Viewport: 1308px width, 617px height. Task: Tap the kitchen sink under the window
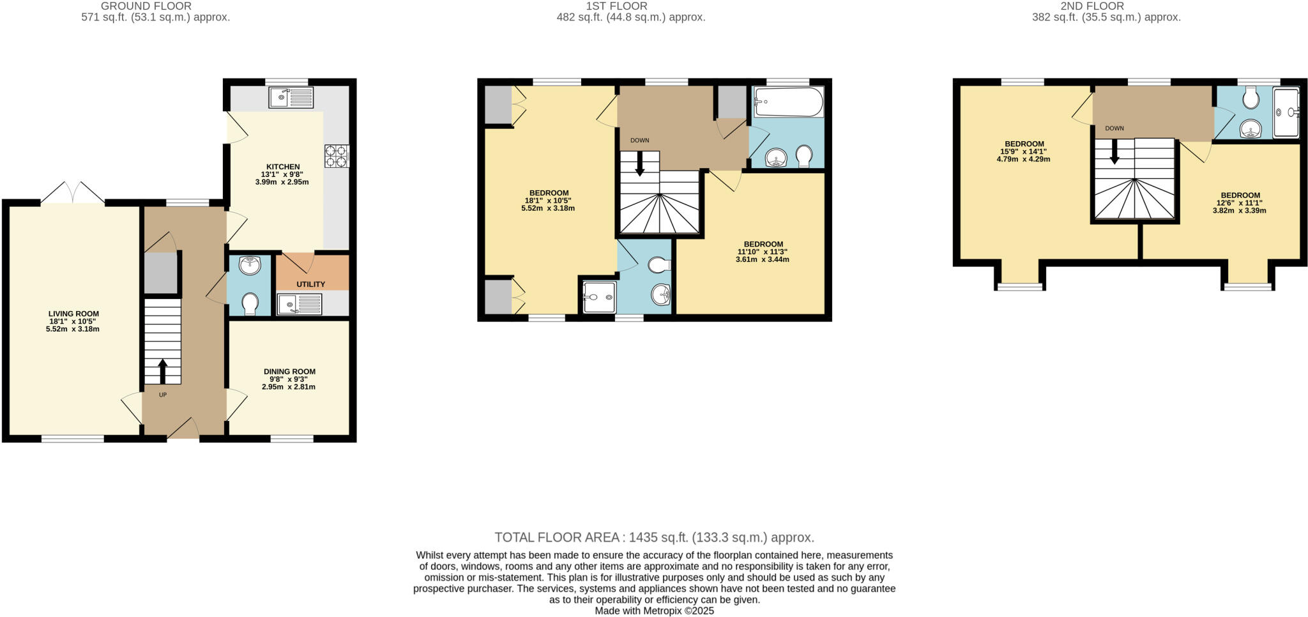point(291,98)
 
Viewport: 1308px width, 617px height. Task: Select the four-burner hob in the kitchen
point(337,156)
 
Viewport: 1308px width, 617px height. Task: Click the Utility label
point(311,284)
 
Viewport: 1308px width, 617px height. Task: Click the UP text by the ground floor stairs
point(163,395)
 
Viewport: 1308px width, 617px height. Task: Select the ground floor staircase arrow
point(162,370)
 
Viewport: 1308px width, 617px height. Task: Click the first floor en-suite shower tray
point(598,297)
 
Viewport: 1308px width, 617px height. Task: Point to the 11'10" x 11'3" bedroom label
point(763,252)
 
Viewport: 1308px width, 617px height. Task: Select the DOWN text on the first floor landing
point(639,141)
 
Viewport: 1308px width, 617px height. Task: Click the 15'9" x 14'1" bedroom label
point(1024,151)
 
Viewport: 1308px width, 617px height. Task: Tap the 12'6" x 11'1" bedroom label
point(1240,202)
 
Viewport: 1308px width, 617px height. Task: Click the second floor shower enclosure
point(1286,113)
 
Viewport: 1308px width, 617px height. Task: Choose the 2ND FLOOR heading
point(1106,6)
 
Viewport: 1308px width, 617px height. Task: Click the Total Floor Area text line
point(654,537)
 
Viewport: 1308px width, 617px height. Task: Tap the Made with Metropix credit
point(654,611)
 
